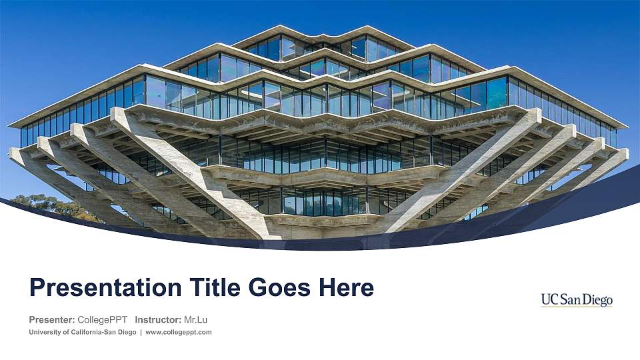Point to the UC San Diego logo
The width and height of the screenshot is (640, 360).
[x=577, y=301]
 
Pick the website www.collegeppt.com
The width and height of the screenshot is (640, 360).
[x=178, y=332]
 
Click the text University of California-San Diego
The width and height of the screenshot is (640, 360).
[x=83, y=332]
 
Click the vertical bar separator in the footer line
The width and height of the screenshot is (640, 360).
[x=141, y=332]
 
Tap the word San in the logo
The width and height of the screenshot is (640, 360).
[x=572, y=299]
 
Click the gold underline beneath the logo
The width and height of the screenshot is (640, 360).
[x=577, y=307]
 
